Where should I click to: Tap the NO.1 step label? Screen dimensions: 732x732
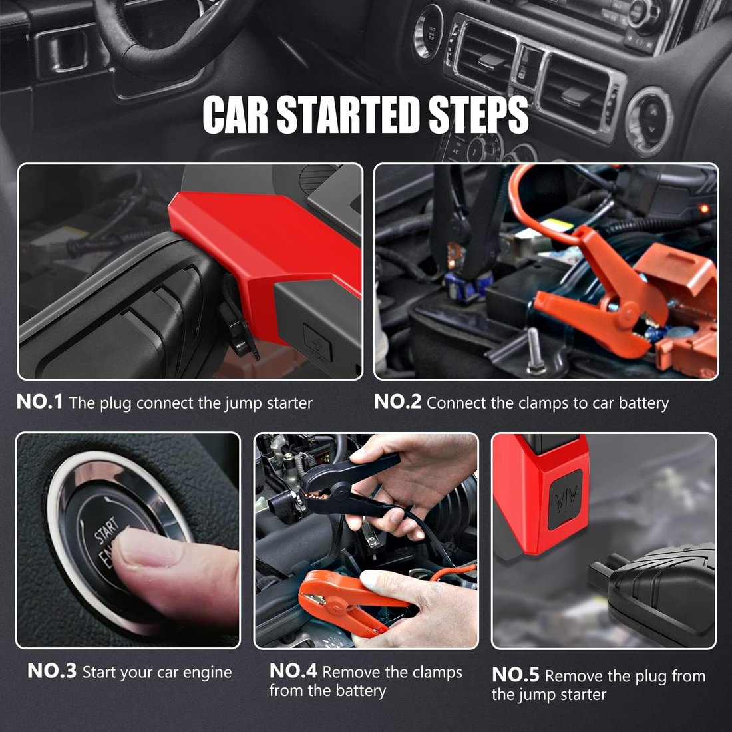point(39,402)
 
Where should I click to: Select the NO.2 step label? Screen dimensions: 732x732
point(397,402)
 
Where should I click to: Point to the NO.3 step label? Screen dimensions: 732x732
point(52,671)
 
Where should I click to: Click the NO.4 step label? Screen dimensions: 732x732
point(293,671)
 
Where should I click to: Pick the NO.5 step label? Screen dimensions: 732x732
point(515,675)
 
